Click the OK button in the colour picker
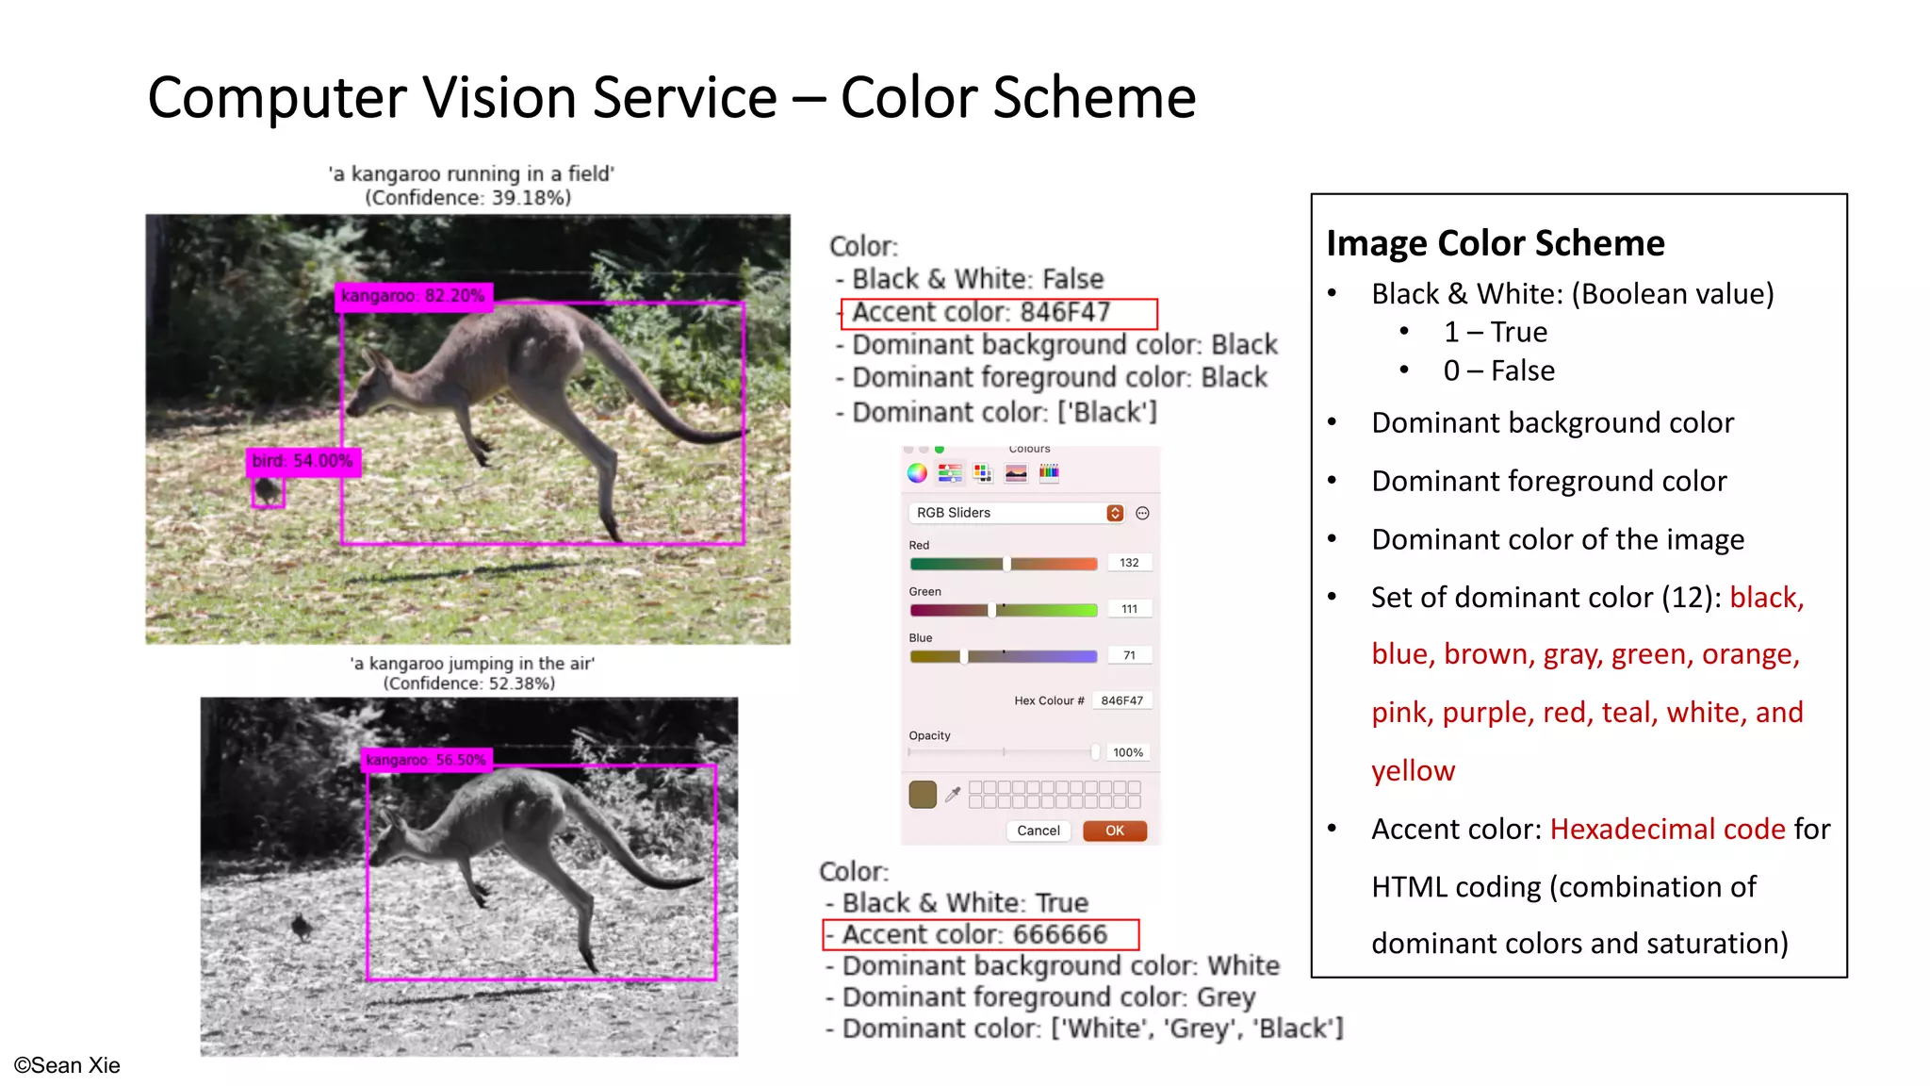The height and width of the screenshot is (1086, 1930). click(1114, 831)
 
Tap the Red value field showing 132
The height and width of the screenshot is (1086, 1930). click(1129, 563)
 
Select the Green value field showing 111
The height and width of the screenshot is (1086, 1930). click(1129, 609)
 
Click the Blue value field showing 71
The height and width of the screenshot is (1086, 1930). click(1129, 655)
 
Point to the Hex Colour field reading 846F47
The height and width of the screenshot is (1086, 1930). click(1121, 700)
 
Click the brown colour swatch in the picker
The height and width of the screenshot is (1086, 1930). click(923, 794)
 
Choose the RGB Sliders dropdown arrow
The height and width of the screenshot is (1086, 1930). click(1115, 513)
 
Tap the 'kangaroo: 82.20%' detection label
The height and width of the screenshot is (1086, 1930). click(413, 296)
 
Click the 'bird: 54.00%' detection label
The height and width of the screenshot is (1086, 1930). click(303, 461)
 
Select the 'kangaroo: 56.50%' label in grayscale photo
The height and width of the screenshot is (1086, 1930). click(426, 760)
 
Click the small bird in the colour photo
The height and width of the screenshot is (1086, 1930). click(268, 491)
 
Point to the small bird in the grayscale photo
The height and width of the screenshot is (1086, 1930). click(302, 927)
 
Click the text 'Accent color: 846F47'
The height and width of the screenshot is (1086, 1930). click(981, 312)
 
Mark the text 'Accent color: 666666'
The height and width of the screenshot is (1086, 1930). click(974, 934)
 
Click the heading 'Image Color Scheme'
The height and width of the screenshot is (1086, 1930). click(1496, 243)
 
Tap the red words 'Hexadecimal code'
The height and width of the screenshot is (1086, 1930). click(1667, 829)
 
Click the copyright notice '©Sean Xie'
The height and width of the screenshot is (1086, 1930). click(67, 1065)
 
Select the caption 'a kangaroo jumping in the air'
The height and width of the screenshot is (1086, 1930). click(472, 664)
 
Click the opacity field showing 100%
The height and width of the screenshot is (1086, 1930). click(1127, 752)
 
